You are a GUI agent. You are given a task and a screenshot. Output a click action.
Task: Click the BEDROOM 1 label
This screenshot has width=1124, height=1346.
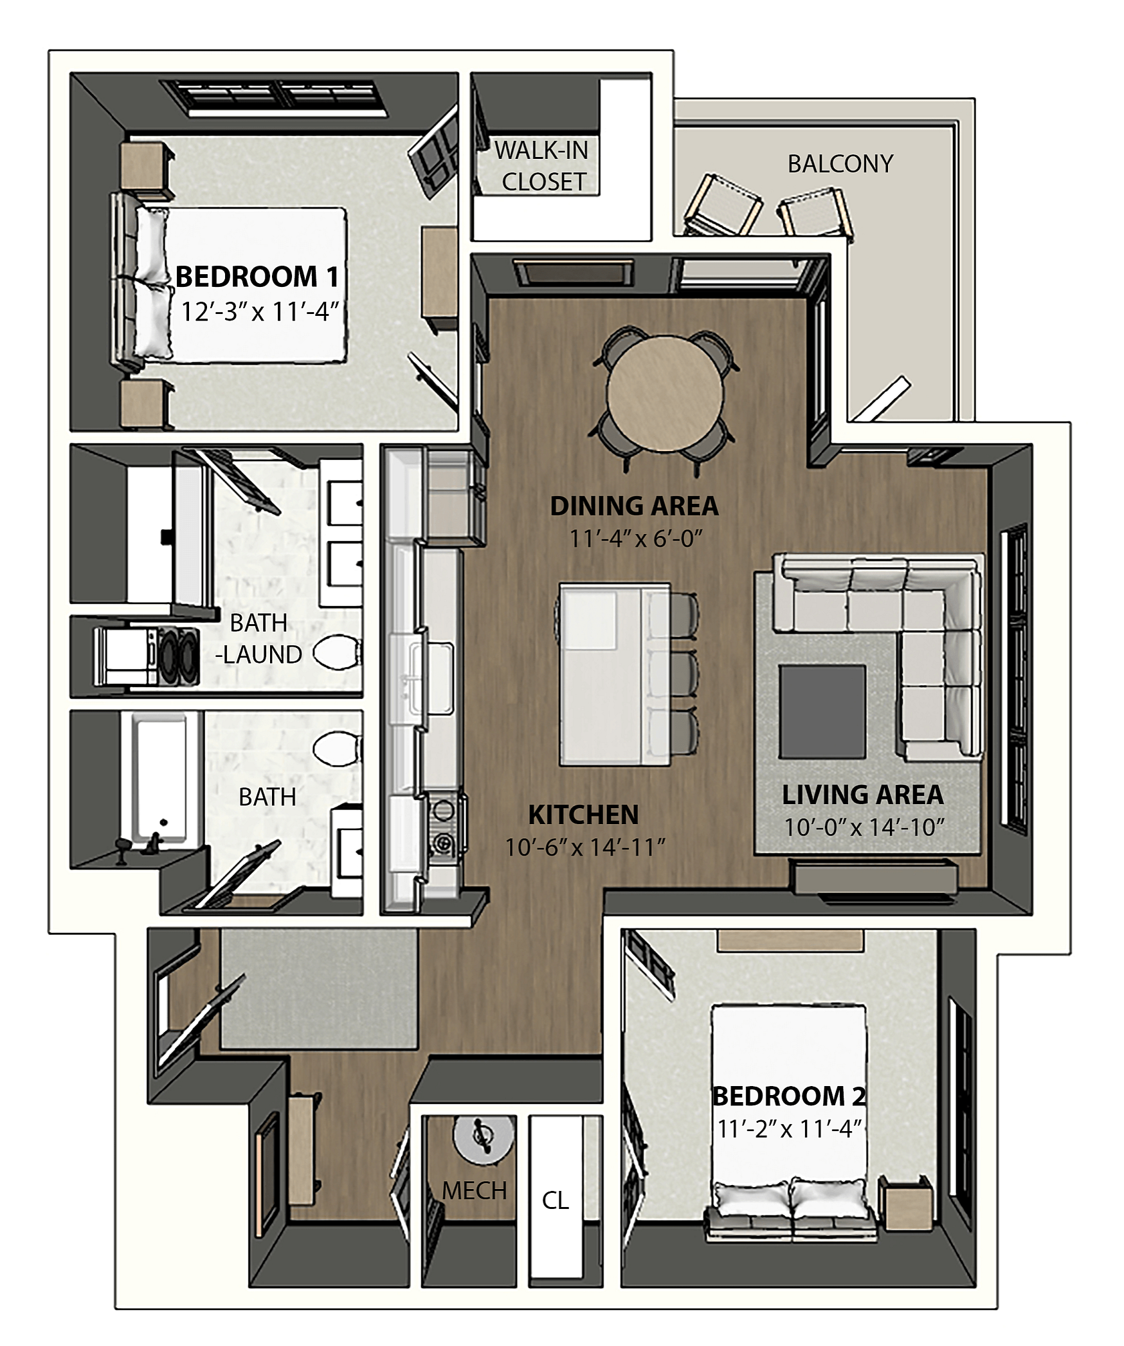point(257,277)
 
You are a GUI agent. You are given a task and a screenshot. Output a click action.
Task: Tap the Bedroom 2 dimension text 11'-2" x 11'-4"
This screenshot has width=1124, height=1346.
point(789,1146)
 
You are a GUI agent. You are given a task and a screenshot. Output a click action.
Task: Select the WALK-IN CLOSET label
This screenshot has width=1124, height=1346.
point(542,166)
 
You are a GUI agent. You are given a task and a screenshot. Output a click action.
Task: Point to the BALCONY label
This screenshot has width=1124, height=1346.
point(840,164)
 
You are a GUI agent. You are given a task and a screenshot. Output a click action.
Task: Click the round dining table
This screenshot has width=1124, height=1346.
point(665,394)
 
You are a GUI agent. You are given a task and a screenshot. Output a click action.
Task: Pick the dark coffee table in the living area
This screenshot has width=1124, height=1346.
point(822,711)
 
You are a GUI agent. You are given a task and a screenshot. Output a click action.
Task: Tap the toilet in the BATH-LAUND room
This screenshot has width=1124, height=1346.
point(336,652)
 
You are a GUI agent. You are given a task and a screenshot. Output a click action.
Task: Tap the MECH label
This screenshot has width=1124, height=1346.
point(475,1191)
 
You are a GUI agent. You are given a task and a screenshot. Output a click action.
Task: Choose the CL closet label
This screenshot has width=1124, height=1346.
point(556,1200)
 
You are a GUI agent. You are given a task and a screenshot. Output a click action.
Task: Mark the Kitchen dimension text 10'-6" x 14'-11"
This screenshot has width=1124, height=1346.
point(585,847)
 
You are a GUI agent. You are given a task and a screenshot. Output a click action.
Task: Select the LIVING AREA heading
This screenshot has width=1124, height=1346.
point(863,795)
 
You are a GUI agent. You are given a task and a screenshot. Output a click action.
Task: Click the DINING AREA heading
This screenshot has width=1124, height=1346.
point(635,506)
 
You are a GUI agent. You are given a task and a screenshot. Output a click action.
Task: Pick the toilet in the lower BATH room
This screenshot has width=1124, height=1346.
point(336,749)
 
